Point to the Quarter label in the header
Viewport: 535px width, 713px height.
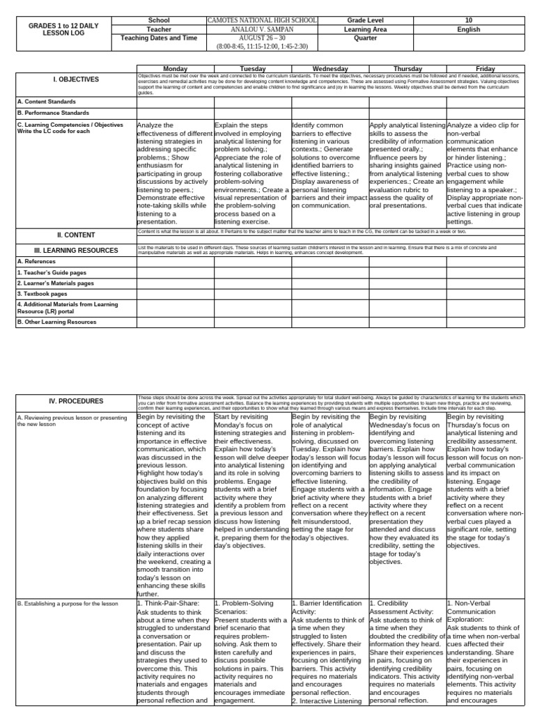click(366, 39)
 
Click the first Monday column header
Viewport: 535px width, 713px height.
click(175, 69)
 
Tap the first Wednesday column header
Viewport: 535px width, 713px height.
click(329, 69)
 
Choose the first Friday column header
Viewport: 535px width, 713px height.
click(485, 69)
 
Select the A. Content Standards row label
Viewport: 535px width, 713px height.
click(47, 102)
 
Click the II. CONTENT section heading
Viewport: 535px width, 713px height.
click(76, 235)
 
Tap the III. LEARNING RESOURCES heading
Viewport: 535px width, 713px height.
click(76, 250)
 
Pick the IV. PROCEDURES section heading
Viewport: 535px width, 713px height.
click(76, 401)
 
